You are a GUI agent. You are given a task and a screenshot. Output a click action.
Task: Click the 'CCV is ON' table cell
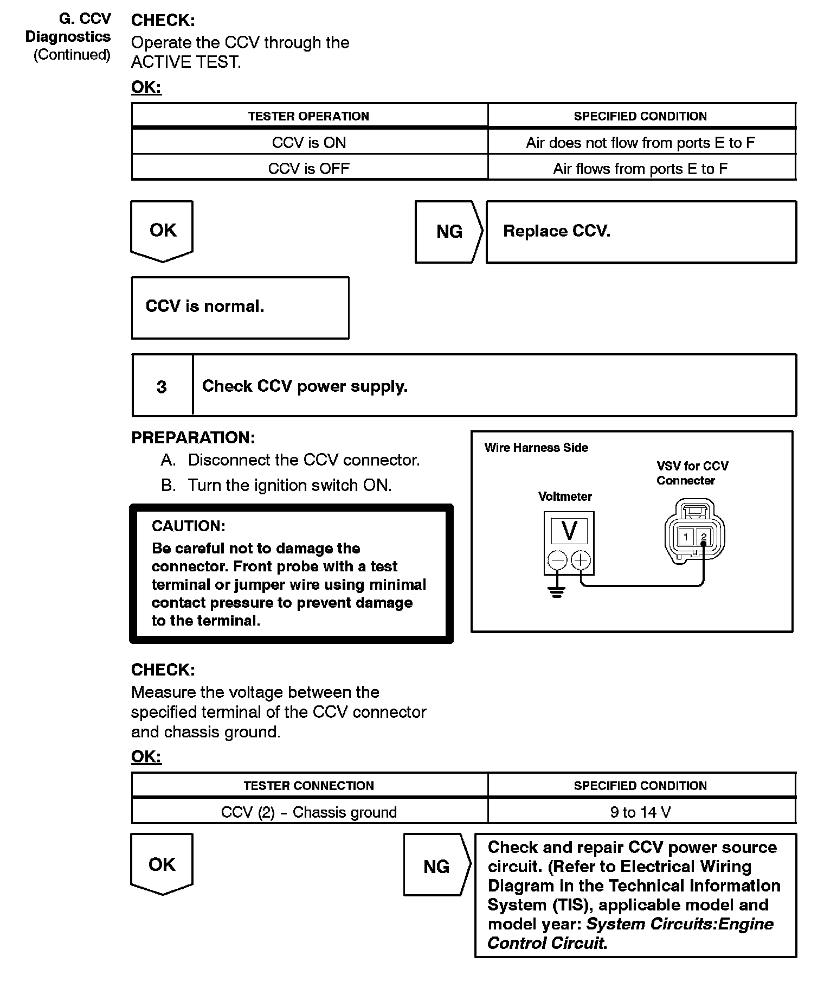[309, 143]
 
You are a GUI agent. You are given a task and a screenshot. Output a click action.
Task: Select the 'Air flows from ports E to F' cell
[640, 169]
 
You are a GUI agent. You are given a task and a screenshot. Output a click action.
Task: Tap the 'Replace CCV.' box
[641, 232]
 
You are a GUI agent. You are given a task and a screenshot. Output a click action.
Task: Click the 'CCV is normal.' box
[240, 307]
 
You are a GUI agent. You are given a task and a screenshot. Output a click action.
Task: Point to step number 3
[162, 387]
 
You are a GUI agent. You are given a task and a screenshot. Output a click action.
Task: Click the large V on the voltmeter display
[569, 531]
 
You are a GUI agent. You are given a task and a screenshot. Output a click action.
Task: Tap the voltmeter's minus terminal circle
[557, 560]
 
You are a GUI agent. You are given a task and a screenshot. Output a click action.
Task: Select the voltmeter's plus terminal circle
[581, 560]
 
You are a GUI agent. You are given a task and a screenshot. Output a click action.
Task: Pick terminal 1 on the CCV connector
[686, 537]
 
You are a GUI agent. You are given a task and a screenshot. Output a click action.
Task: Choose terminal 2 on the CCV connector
[704, 537]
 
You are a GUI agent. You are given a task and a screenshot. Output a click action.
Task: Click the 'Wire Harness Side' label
[536, 448]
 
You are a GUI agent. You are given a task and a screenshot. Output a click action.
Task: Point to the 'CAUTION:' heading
[188, 526]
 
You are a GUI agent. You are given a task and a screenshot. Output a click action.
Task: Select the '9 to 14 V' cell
[640, 812]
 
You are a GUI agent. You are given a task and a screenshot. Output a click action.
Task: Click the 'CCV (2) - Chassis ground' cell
[309, 812]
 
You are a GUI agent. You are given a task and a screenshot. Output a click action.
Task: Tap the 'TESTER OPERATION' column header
[309, 116]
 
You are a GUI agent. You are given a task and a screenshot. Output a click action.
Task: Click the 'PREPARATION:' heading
[193, 438]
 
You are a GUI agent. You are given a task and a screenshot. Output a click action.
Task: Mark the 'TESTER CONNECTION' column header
[309, 786]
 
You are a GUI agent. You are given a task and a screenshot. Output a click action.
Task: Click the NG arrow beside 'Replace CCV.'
[449, 232]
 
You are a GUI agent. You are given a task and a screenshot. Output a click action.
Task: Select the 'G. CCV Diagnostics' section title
[68, 28]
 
